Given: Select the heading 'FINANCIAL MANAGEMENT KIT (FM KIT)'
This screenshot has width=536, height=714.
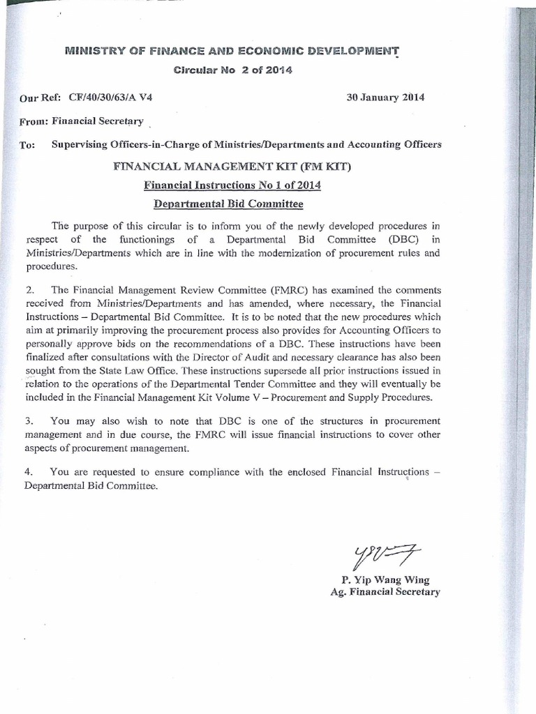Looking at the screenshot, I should click(232, 168).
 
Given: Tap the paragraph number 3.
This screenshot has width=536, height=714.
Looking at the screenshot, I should click(29, 421).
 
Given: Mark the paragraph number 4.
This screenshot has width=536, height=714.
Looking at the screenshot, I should click(29, 473).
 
